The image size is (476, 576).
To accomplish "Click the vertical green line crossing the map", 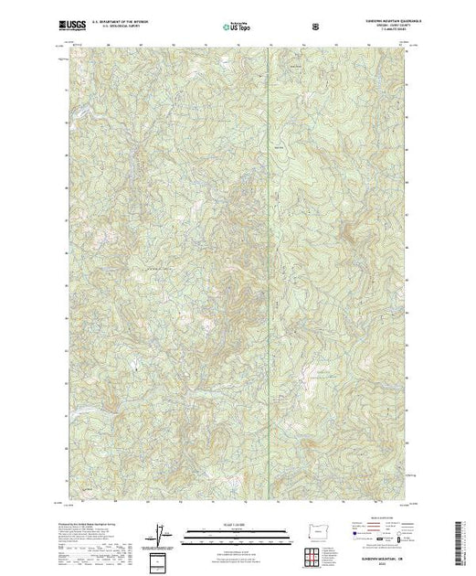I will click(x=267, y=274).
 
